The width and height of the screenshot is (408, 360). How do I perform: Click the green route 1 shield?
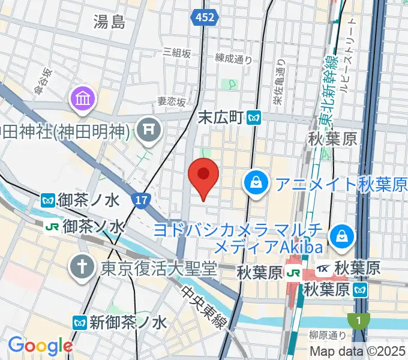pos(358,320)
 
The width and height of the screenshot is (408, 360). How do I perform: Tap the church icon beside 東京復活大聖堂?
pos(81,266)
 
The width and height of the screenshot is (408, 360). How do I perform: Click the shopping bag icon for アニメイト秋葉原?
pos(256,182)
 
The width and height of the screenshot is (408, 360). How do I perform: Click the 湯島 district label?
pos(109,23)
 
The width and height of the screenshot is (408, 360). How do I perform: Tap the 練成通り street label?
pos(233,58)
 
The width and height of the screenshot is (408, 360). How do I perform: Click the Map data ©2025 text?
pos(356,352)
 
